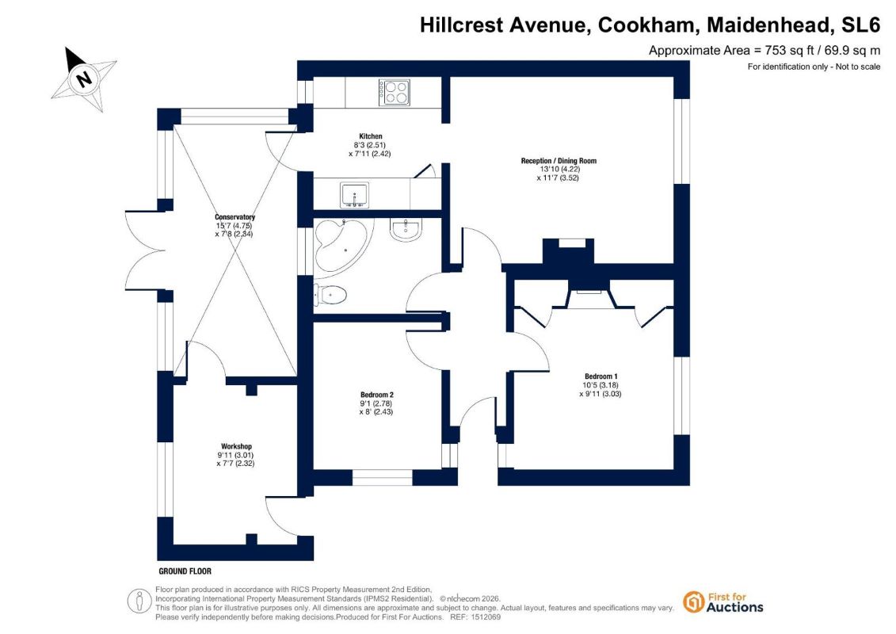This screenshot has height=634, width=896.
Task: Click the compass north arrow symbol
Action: click(x=84, y=78)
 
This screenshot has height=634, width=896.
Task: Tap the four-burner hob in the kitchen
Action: click(x=395, y=92)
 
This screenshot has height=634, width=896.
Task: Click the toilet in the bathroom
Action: click(x=330, y=296)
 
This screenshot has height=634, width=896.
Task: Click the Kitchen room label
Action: click(x=370, y=136)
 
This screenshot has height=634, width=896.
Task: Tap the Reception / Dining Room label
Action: click(x=559, y=161)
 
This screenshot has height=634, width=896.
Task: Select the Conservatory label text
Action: click(x=234, y=217)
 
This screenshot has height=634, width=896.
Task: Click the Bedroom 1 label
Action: click(x=601, y=376)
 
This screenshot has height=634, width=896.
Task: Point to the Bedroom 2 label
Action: click(x=376, y=395)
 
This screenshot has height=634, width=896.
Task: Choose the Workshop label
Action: click(x=236, y=446)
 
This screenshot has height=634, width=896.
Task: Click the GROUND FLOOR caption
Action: click(x=185, y=571)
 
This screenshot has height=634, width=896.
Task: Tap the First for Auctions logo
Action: click(x=723, y=602)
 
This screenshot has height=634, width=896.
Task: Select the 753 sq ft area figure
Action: click(x=789, y=51)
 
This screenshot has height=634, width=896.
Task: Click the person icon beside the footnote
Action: click(x=139, y=602)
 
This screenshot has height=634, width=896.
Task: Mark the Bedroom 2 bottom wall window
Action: click(x=383, y=477)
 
